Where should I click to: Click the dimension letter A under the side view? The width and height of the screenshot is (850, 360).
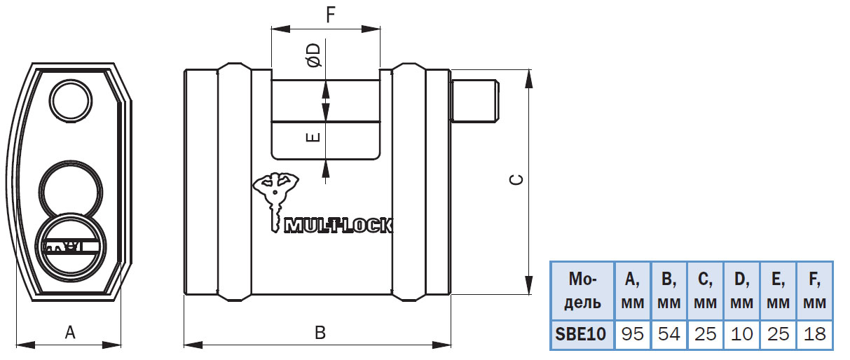coord(70,332)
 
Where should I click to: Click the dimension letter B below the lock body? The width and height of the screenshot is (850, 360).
coord(320,332)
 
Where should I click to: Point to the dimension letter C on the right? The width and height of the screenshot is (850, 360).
coord(515,180)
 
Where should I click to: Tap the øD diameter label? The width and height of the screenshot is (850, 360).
coord(314,55)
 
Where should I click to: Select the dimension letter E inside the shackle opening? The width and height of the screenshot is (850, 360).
coord(315,135)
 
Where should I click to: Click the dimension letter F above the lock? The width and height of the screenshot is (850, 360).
coord(326,14)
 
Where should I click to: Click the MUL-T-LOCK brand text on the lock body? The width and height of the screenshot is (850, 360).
coord(339,226)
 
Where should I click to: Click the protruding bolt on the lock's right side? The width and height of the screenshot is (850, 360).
coord(476,99)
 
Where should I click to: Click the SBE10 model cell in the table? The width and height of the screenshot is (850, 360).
coord(581,335)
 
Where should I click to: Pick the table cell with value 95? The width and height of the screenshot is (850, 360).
coord(632,335)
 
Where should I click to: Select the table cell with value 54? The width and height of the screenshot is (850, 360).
coord(669,335)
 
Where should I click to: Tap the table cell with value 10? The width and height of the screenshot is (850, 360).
coord(741,335)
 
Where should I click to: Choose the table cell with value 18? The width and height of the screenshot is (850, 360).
coord(814,335)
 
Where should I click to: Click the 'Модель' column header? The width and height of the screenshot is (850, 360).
coord(582,291)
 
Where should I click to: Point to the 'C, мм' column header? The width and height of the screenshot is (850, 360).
coord(706,291)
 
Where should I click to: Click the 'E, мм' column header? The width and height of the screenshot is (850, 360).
coord(778,291)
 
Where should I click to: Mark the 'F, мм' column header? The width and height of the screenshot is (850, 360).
coord(814,291)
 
